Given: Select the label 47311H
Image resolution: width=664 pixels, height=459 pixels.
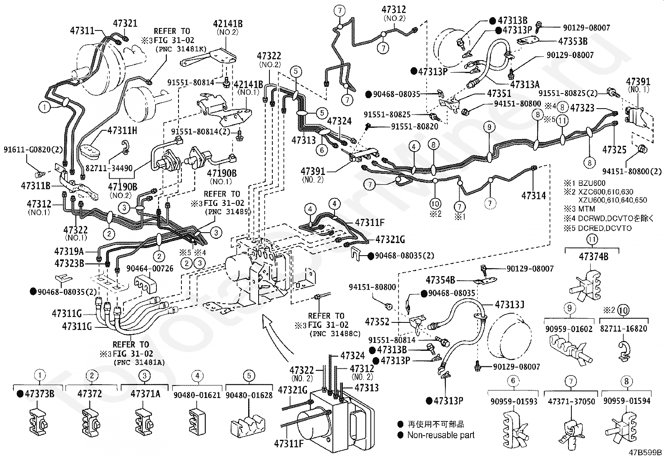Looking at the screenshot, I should [x=122, y=130].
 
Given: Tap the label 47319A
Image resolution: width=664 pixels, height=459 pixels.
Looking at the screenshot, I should [x=69, y=251].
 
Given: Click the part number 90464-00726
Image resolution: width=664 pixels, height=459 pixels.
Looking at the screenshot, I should [x=150, y=269].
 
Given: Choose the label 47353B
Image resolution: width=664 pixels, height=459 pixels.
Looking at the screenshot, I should [x=573, y=41].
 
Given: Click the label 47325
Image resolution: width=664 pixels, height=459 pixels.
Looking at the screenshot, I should [x=614, y=149].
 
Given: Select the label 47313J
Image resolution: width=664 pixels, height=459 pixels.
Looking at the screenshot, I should [x=510, y=304].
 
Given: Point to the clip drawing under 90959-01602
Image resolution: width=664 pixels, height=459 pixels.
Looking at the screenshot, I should [x=566, y=349].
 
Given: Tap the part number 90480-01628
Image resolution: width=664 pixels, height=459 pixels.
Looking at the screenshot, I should [x=249, y=395].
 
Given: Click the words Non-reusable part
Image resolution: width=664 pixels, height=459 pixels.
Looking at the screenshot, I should [x=441, y=435].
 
